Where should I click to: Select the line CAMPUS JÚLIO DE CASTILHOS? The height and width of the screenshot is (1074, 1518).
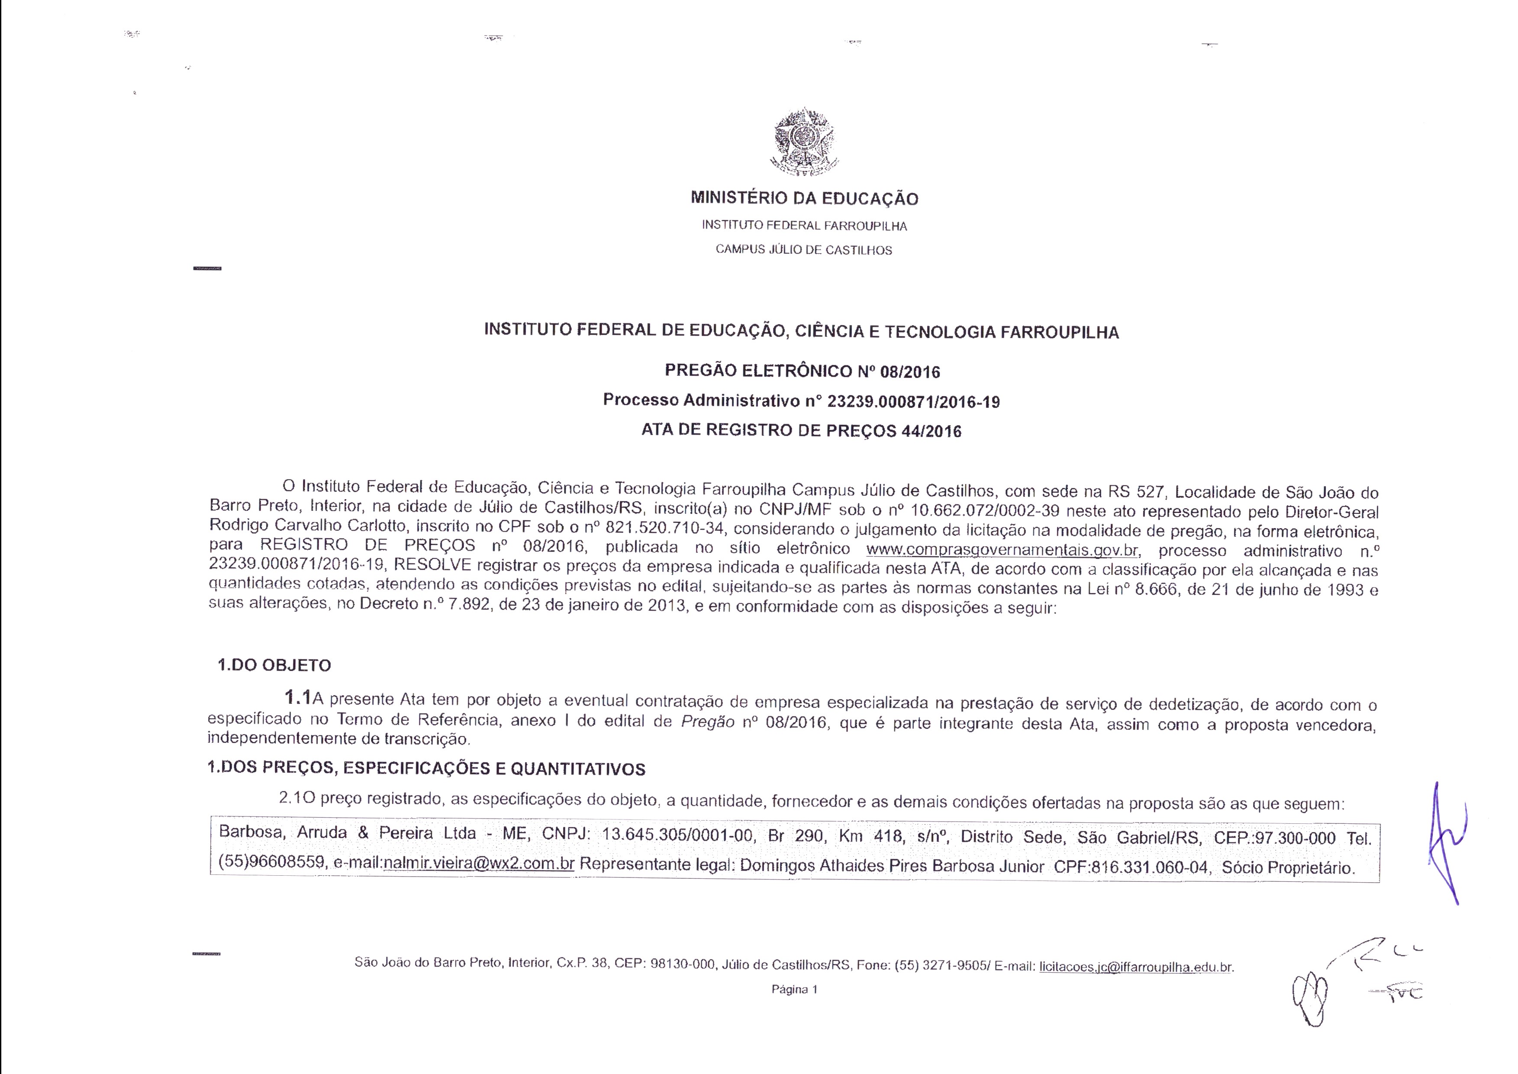(x=804, y=250)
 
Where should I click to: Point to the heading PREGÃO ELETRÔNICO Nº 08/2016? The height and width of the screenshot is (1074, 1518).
(x=802, y=371)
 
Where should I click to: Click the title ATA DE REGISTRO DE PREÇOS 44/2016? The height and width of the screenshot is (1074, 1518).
(x=801, y=431)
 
